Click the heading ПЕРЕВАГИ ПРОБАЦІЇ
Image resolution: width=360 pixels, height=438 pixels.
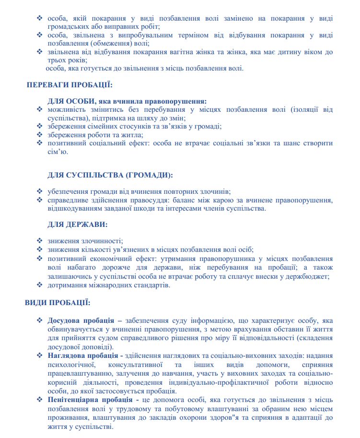click(70, 85)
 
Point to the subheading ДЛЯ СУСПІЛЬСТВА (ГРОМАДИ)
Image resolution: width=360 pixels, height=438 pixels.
click(110, 175)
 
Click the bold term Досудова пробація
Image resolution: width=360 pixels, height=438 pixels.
click(81, 320)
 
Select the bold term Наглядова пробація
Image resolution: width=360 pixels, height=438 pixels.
click(83, 355)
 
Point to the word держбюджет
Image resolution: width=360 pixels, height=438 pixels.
click(308, 276)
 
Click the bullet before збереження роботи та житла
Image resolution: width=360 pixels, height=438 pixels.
click(40, 135)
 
